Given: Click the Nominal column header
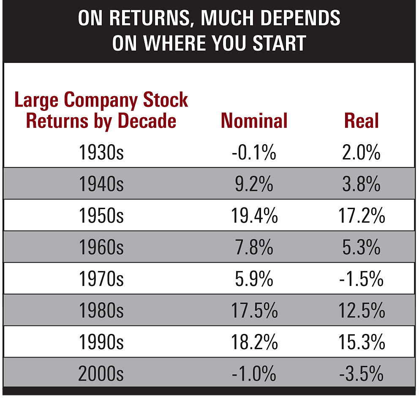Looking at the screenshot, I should (x=254, y=121).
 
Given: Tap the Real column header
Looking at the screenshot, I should (x=362, y=121).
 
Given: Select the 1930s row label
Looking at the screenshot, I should (x=101, y=153).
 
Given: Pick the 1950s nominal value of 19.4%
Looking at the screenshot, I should (x=254, y=216).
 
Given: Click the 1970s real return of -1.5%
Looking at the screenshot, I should (x=362, y=279).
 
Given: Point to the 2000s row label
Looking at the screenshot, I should (x=101, y=374).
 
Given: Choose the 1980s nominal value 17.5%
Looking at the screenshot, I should (x=254, y=311).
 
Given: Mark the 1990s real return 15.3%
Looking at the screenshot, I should (x=362, y=342).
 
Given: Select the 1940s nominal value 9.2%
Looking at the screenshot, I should (x=254, y=185).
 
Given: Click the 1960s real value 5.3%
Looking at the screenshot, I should (x=362, y=248).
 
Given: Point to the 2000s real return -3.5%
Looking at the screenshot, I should (x=362, y=374).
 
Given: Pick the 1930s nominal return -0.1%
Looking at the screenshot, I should (x=254, y=153).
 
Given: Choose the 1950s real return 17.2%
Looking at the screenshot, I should (x=362, y=216).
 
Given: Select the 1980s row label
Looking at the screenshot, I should (x=101, y=311).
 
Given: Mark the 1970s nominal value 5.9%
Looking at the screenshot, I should (x=254, y=279).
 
